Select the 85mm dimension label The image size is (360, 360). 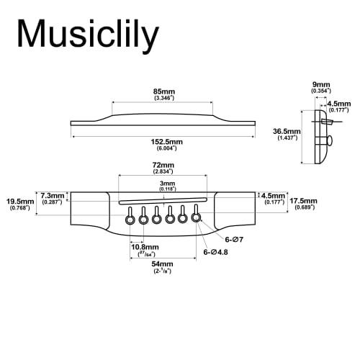tap(162, 93)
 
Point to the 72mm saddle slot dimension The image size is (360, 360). tap(162, 166)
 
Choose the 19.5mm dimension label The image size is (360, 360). tap(19, 202)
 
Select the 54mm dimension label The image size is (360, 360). tap(162, 265)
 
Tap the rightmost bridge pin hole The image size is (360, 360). tap(196, 213)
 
